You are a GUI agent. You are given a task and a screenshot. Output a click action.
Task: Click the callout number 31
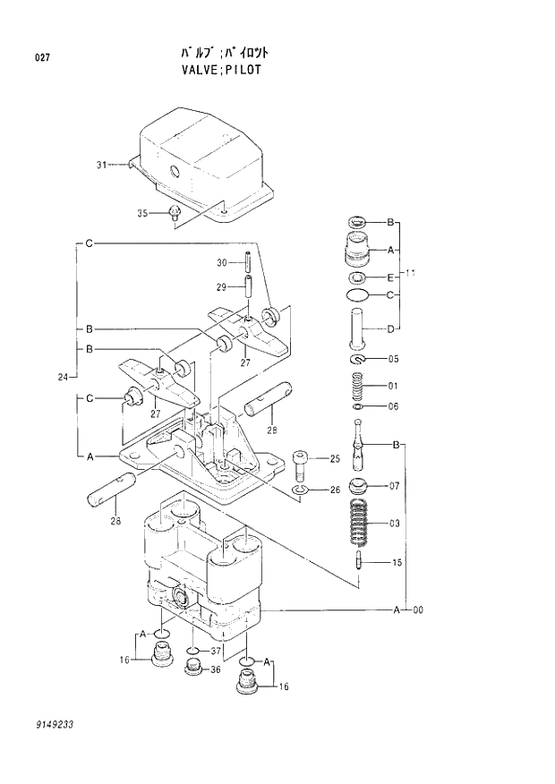coord(101,165)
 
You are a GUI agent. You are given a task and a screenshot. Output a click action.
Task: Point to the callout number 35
coord(142,212)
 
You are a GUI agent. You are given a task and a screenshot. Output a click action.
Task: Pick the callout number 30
coord(221,262)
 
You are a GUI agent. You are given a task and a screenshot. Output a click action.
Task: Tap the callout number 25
coord(335,459)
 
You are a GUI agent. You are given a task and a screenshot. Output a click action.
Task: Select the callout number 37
coord(216,651)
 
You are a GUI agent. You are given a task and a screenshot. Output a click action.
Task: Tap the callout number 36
coord(216,669)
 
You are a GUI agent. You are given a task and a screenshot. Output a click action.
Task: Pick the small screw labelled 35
coord(175,213)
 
